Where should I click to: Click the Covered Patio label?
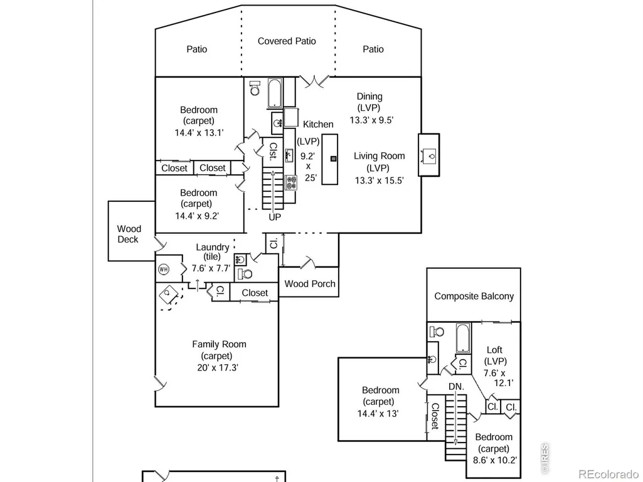pos(287,41)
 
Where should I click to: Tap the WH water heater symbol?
pos(164,270)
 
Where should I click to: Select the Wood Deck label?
pos(129,234)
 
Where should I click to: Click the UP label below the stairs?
pos(275,217)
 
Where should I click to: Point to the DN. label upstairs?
pos(456,387)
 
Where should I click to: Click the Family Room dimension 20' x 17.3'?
pos(217,368)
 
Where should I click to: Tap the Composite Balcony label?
pos(474,296)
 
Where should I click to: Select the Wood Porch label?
pos(310,284)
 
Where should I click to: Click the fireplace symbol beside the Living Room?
pos(429,155)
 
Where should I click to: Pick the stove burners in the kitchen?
pos(290,183)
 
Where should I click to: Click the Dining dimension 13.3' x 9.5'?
pos(371,120)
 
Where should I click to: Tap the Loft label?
pos(494,350)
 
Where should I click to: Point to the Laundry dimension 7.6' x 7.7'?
pos(211,268)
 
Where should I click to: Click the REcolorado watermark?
pos(608,474)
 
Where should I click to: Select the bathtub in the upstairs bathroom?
pos(464,338)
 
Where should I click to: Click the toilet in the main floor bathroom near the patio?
pos(255,88)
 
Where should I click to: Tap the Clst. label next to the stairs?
pos(273,151)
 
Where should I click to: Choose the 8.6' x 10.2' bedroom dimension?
pos(494,460)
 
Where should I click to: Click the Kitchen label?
pos(318,124)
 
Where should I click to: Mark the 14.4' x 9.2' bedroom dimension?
pos(197,216)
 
